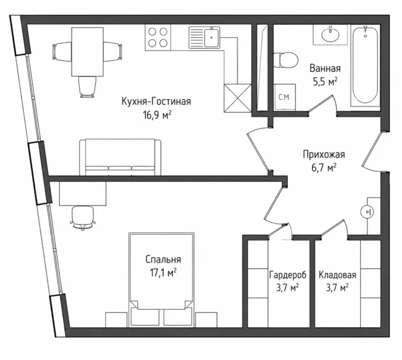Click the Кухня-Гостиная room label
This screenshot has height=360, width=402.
coord(156,102)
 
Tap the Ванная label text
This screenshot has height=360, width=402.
coord(325,68)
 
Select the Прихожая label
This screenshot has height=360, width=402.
coord(324,155)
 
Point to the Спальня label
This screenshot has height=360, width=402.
coord(163,259)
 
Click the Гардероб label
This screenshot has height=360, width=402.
coord(288,275)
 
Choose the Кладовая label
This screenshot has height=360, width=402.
coord(338,275)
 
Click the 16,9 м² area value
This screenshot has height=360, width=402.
coord(157,115)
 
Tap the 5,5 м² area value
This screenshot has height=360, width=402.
coord(325,82)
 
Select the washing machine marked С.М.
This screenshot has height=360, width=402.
coord(284,97)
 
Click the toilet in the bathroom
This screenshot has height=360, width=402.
coord(286,60)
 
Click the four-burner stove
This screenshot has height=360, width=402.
coord(158,37)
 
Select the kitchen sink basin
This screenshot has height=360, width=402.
coord(211,37)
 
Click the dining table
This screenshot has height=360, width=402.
coord(87,51)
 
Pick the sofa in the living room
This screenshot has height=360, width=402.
coord(120,158)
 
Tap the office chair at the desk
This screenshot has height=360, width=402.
coord(83,217)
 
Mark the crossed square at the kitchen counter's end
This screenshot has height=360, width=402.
coord(238,99)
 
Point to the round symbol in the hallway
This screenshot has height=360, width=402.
coord(367,212)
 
